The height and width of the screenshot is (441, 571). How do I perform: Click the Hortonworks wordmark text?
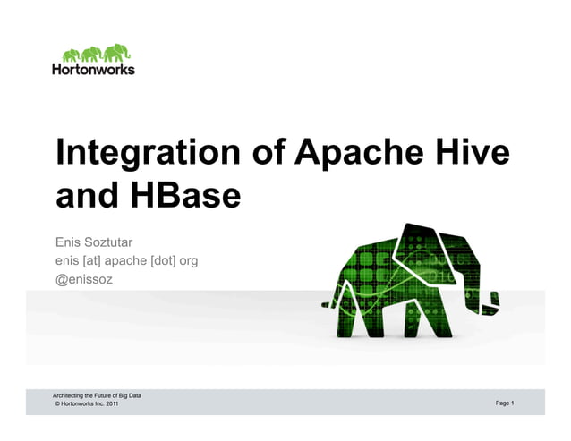pyautogui.click(x=94, y=68)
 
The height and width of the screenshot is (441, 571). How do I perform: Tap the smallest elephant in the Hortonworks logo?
pyautogui.click(x=70, y=55)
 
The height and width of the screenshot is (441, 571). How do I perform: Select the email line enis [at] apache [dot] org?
pyautogui.click(x=126, y=261)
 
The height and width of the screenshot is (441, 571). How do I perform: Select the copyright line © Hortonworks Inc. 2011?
pyautogui.click(x=86, y=405)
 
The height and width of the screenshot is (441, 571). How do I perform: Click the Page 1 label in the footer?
pyautogui.click(x=505, y=404)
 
